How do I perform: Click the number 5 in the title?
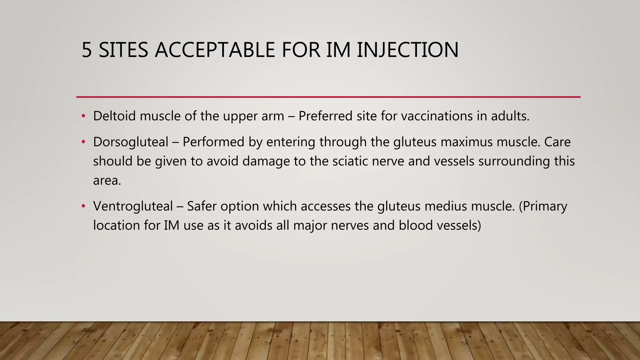(x=87, y=50)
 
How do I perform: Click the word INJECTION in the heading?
(x=407, y=50)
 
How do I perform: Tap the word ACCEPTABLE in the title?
(x=215, y=50)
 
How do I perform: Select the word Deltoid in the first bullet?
(x=114, y=116)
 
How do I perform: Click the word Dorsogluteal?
(x=131, y=142)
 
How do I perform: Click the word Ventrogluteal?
(x=133, y=206)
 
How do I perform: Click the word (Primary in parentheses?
(x=543, y=206)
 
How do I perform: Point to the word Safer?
(x=202, y=206)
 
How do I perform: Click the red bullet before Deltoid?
(x=83, y=116)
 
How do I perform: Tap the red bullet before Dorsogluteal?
(x=83, y=142)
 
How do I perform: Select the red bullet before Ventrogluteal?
(x=83, y=206)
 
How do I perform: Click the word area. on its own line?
(x=107, y=181)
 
